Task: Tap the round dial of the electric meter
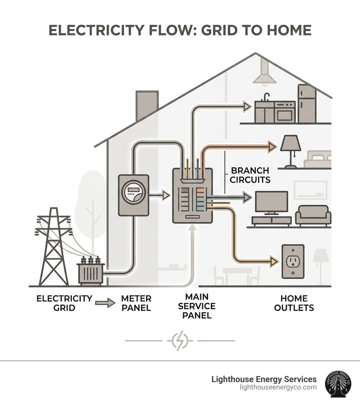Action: tap(133, 193)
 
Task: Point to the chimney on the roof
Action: tap(147, 104)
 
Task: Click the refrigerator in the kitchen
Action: tap(307, 104)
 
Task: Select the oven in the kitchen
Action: tap(285, 113)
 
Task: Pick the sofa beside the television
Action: tap(313, 215)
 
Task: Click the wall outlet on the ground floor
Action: tap(292, 262)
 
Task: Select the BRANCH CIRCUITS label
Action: tap(250, 175)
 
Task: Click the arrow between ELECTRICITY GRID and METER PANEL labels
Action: tap(105, 303)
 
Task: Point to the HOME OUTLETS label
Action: tap(294, 303)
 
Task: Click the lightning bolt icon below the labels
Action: tap(180, 341)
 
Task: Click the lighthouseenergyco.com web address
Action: tap(278, 387)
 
